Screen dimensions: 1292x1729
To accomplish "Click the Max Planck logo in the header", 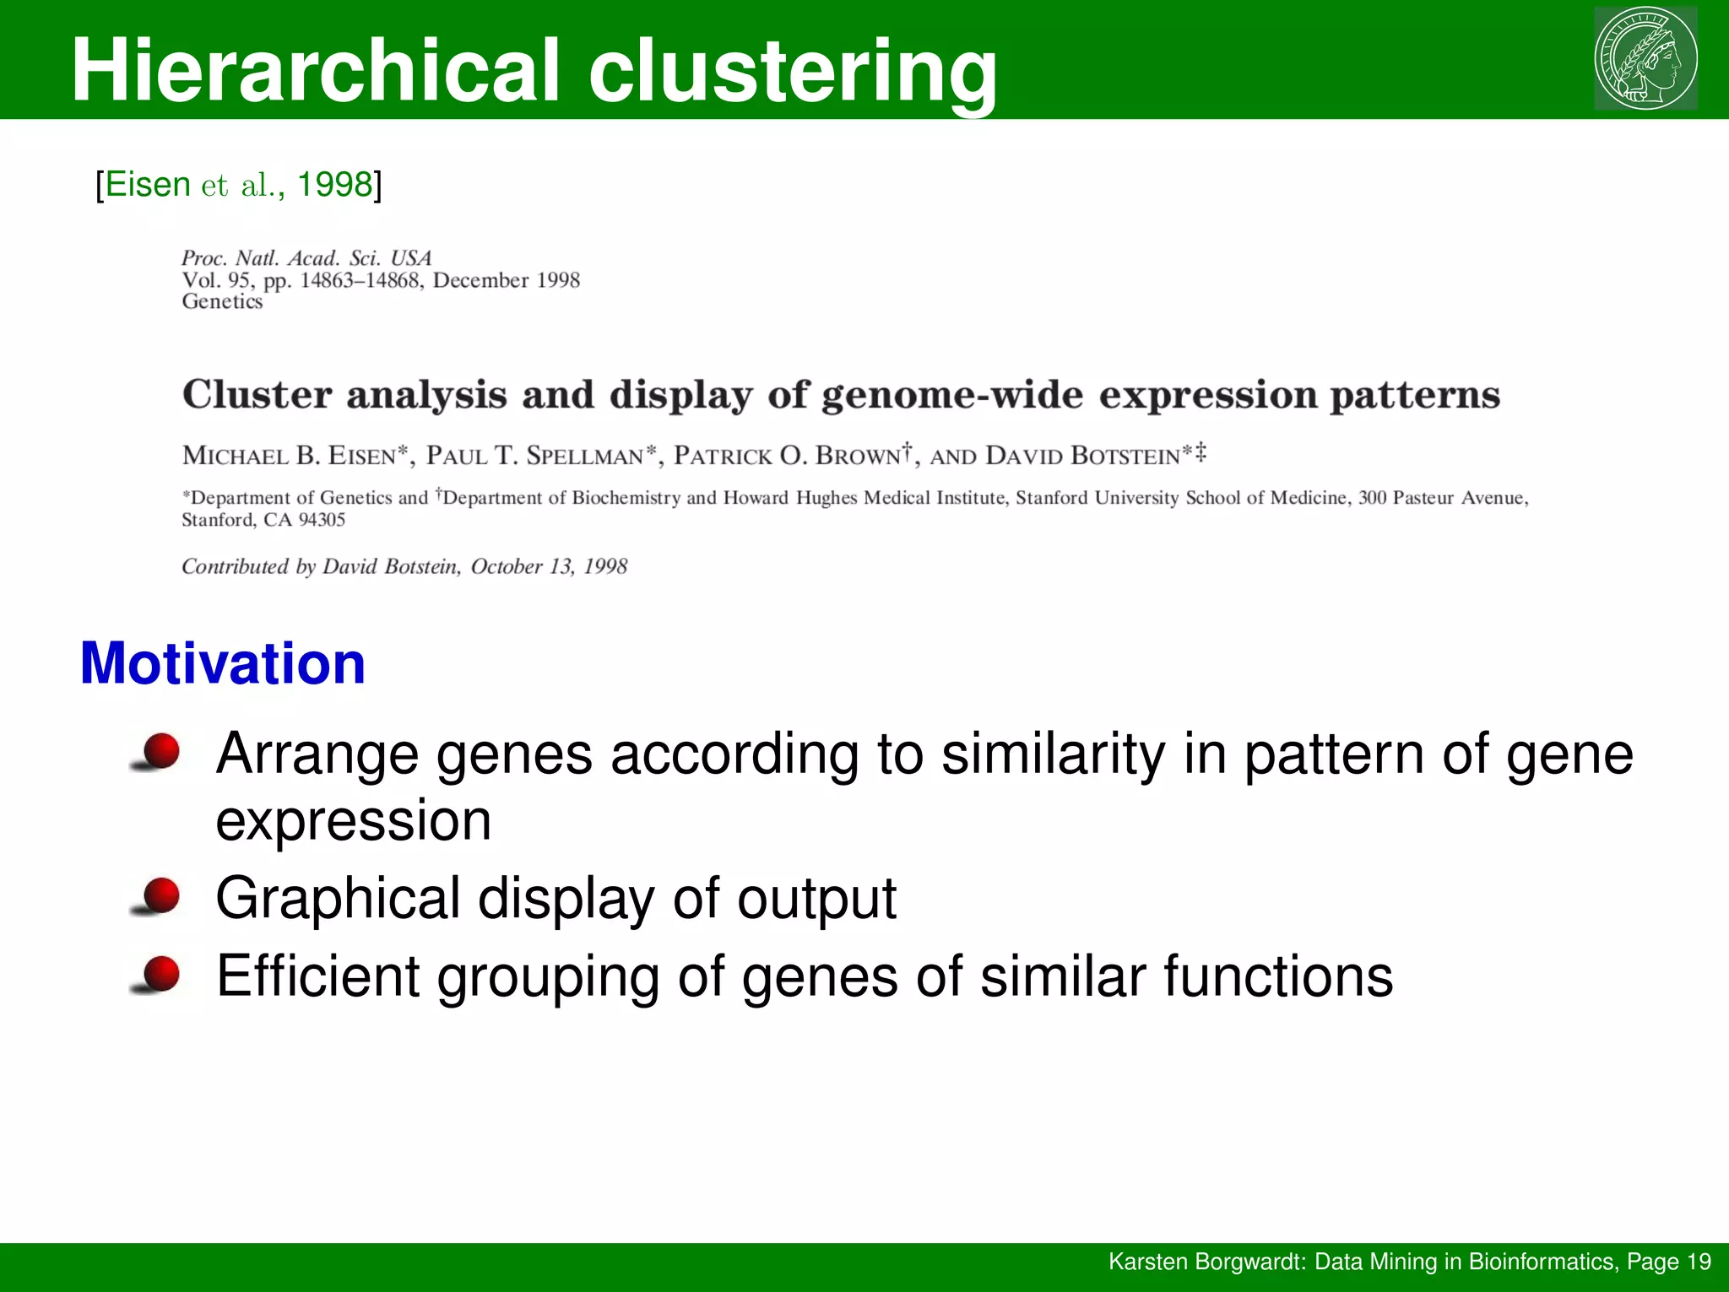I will (x=1645, y=58).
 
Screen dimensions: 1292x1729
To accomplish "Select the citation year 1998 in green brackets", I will (x=334, y=184).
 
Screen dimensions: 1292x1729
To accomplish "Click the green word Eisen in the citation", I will (x=148, y=184).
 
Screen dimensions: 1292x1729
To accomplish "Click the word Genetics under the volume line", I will (x=222, y=301).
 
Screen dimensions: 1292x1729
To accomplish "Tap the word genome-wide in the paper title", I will (x=952, y=395).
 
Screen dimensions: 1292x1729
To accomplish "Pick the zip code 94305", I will (x=322, y=520).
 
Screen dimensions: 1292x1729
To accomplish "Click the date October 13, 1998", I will (x=549, y=566).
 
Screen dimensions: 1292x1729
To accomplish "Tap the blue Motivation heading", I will (x=223, y=663).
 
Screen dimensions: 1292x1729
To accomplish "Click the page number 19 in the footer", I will (x=1699, y=1262).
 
